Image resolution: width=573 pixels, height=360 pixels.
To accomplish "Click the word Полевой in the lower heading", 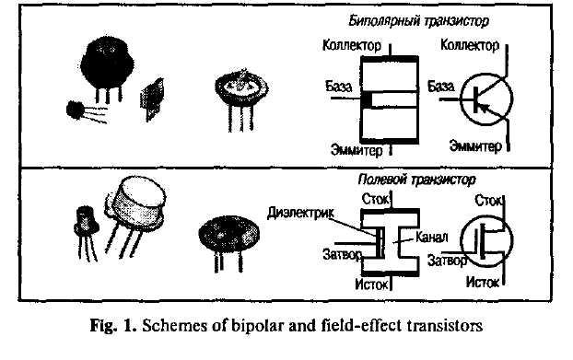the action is click(x=382, y=180).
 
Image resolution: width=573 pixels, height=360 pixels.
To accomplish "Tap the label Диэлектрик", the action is click(x=300, y=213).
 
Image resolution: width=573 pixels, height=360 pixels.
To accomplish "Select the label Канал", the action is click(x=431, y=238).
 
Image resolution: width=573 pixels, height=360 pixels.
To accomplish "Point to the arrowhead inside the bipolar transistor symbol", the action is click(x=483, y=107).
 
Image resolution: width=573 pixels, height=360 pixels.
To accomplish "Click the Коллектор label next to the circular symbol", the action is click(x=470, y=45).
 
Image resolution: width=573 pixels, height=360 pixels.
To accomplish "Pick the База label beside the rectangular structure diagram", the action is click(x=339, y=87).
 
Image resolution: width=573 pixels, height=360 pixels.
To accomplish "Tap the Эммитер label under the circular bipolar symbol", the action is click(x=475, y=145).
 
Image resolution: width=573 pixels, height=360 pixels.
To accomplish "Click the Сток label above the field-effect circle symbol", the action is click(x=488, y=201).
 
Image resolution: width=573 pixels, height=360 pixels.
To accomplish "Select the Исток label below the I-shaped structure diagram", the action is click(x=371, y=285).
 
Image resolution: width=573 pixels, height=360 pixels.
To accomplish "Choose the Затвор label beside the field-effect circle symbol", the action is click(x=447, y=261).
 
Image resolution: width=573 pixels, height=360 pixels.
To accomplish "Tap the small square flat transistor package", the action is click(x=151, y=99).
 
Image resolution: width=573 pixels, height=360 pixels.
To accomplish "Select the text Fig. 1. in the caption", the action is click(x=113, y=326).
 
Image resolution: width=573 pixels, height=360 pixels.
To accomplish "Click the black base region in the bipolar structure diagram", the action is click(x=366, y=99).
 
